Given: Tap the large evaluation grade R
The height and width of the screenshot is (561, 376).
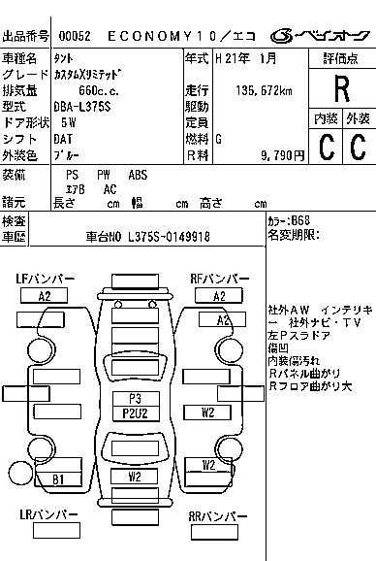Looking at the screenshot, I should tap(340, 89).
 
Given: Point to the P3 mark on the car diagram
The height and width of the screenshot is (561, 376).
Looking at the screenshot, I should tap(135, 399).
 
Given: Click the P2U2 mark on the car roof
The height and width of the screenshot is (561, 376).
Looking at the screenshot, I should tap(135, 413).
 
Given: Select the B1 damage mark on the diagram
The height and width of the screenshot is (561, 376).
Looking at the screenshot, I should tap(58, 479).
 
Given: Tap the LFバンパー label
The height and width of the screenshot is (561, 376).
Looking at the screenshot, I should tap(45, 280).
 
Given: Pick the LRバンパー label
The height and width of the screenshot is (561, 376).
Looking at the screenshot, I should tap(45, 516).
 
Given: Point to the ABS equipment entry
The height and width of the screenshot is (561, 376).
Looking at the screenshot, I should tap(138, 176).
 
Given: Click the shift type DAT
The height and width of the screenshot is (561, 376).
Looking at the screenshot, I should tap(63, 139).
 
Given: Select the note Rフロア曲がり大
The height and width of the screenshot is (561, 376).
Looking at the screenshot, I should tap(310, 387).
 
